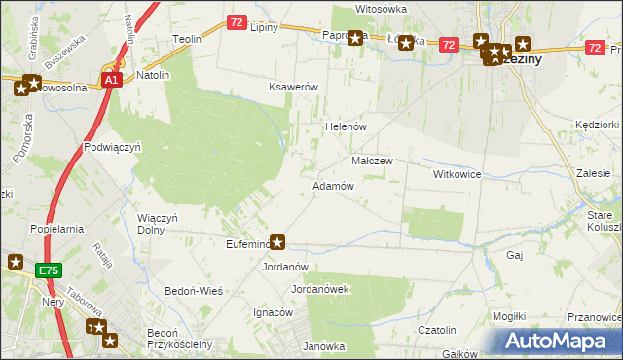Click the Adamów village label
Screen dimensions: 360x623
coord(332,185)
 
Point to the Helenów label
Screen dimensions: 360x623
coord(344,127)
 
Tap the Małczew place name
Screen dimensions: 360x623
coord(371,161)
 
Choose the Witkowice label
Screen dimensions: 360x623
coord(458,174)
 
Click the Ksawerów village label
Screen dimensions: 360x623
coord(294,87)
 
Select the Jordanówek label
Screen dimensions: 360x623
coord(319,289)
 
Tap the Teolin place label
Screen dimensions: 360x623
coord(186,39)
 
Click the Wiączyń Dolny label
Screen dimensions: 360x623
coord(158,224)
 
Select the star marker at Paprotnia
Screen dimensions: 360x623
coord(355,39)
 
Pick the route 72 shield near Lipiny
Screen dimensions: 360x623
coord(237,21)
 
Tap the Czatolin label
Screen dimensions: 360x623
coord(437,331)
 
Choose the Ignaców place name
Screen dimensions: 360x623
coord(273,313)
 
